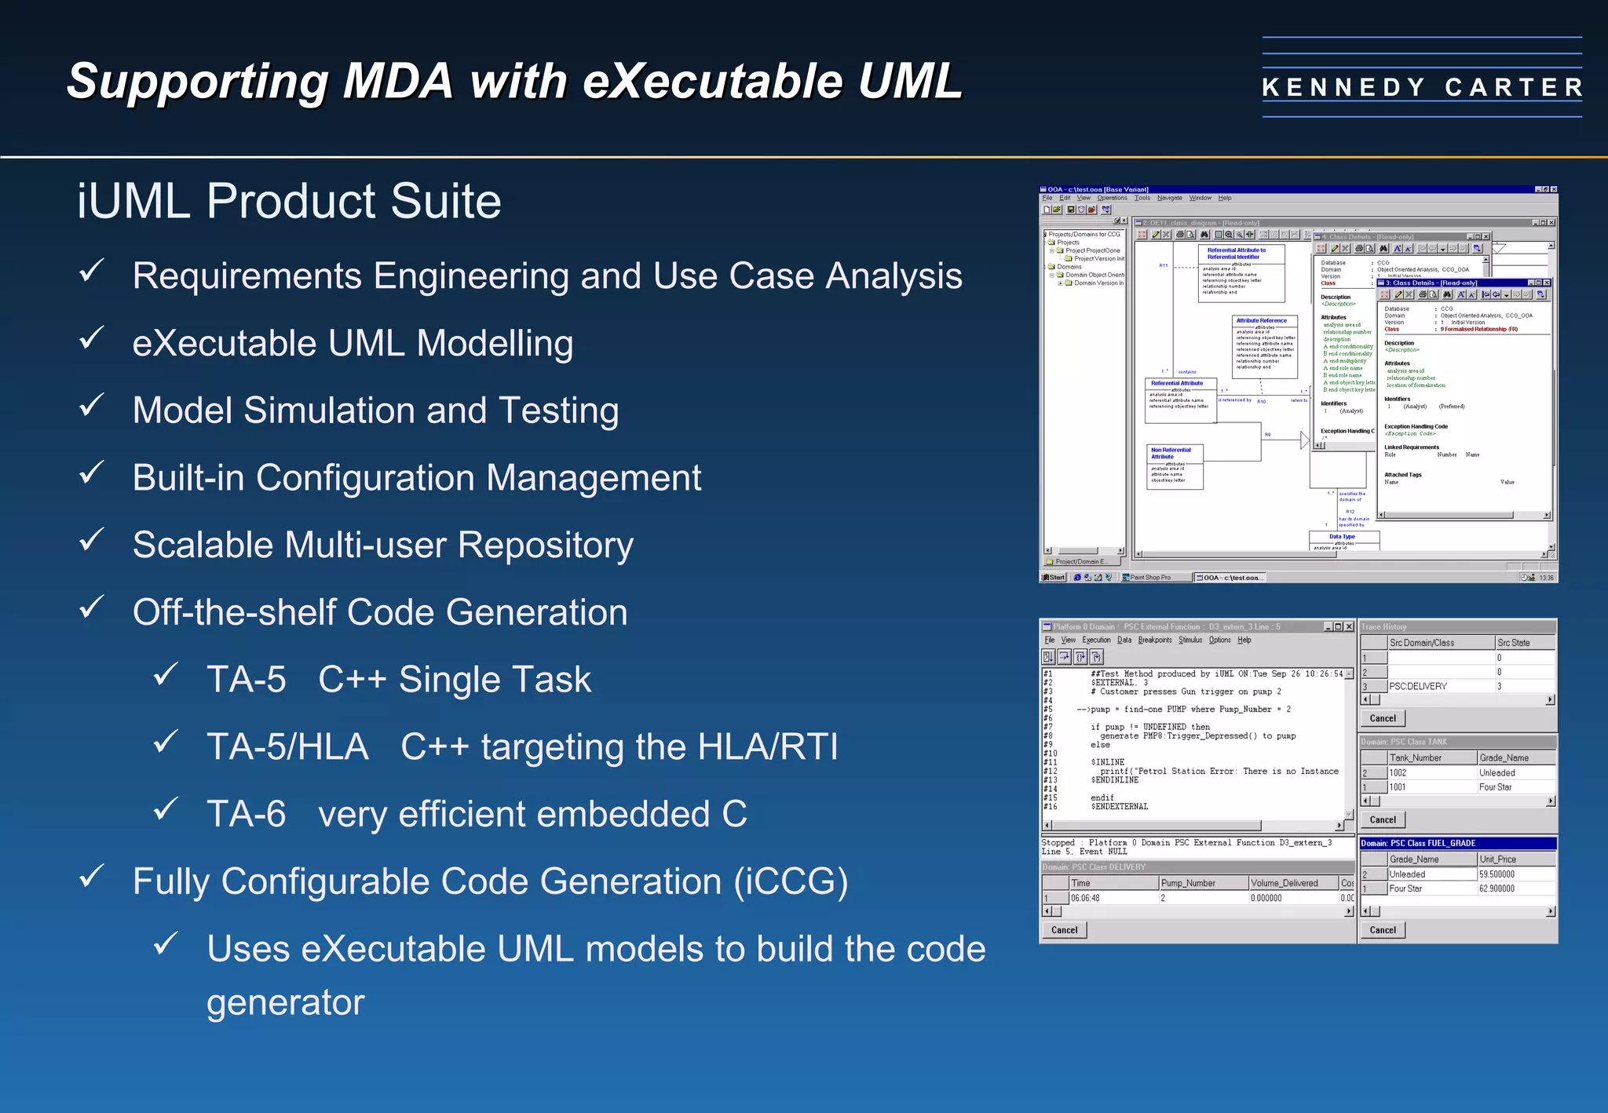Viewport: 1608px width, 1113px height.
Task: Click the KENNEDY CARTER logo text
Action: (1422, 87)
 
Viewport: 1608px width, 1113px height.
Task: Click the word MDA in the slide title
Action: (398, 81)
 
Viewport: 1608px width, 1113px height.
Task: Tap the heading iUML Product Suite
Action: (289, 201)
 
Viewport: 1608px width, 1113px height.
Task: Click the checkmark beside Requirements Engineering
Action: (92, 272)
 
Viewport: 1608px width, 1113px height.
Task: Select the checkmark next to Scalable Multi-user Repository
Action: (92, 541)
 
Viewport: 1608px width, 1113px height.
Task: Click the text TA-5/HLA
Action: (287, 746)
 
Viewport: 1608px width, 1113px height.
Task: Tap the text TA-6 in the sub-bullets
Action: (246, 814)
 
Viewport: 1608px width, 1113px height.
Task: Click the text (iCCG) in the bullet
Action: (791, 881)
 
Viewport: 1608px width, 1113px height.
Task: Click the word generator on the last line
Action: (286, 1002)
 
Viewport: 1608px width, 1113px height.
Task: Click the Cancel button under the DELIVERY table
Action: (1064, 930)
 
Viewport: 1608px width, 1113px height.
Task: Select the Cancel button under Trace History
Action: (1383, 718)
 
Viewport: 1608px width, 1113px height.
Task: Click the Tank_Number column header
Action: (1416, 758)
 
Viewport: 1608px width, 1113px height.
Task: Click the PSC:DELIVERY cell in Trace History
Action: (1418, 686)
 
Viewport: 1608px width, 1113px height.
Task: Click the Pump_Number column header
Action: (1188, 883)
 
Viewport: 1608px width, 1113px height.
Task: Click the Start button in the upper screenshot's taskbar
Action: (1054, 578)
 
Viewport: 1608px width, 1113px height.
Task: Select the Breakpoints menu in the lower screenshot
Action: (1154, 640)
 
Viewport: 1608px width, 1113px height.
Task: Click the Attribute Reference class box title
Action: (1261, 320)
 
